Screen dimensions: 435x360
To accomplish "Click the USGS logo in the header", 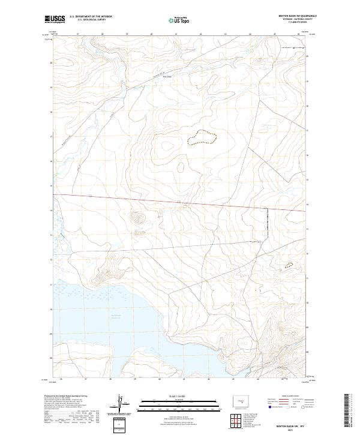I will tap(55, 19).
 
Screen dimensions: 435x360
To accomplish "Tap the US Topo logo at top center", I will tap(180, 20).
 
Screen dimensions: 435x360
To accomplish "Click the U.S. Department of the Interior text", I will tap(91, 16).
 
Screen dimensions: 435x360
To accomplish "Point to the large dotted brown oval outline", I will tap(201, 139).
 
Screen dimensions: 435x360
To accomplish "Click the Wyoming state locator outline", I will tap(239, 400).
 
